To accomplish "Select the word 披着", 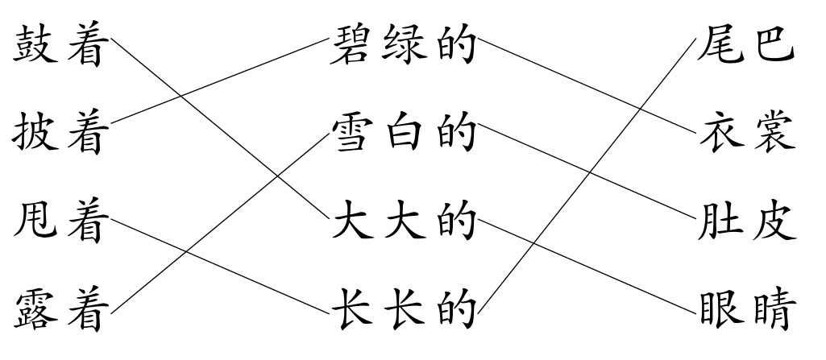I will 60,134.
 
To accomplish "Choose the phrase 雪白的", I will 403,134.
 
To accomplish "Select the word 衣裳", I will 747,134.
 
